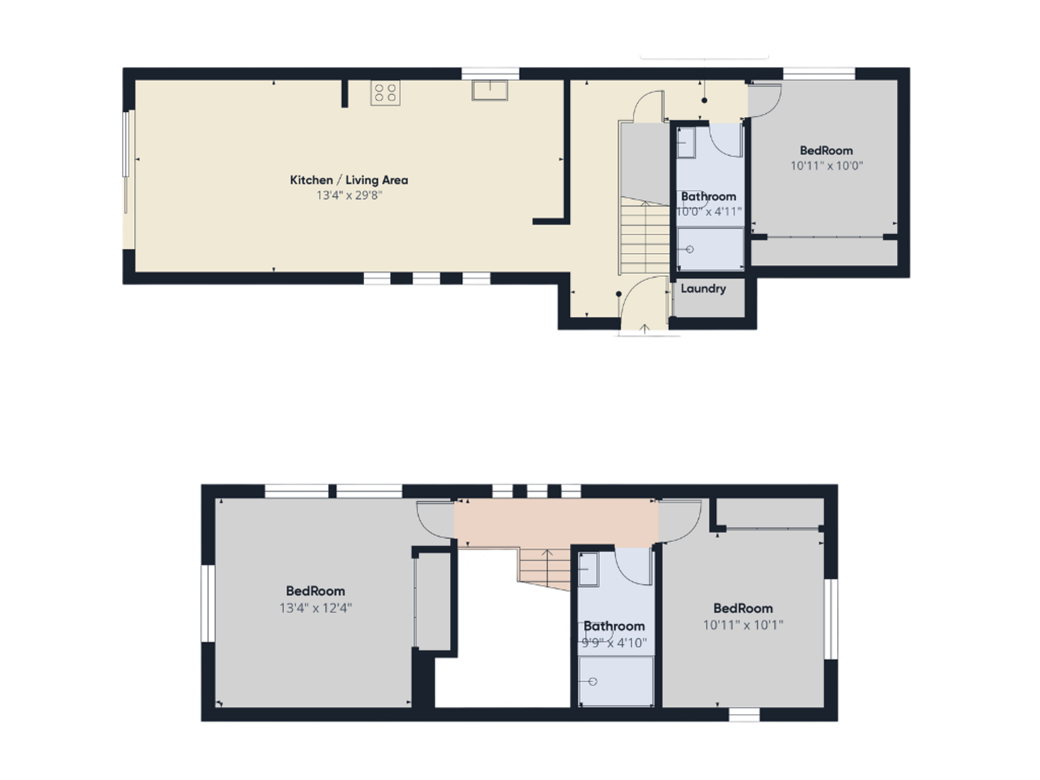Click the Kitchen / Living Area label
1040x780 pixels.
pyautogui.click(x=349, y=180)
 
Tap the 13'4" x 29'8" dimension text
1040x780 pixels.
pyautogui.click(x=349, y=196)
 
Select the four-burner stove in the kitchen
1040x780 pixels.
pyautogui.click(x=385, y=93)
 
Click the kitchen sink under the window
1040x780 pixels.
pyautogui.click(x=490, y=90)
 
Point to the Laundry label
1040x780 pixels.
pyautogui.click(x=703, y=288)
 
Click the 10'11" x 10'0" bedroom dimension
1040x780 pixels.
pyautogui.click(x=826, y=166)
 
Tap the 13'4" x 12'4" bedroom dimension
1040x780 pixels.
pyautogui.click(x=316, y=608)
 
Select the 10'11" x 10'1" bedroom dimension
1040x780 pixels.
pyautogui.click(x=743, y=625)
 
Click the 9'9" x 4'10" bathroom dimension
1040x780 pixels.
pyautogui.click(x=614, y=643)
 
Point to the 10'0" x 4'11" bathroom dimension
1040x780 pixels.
pyautogui.click(x=708, y=212)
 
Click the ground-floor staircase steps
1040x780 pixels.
pyautogui.click(x=645, y=235)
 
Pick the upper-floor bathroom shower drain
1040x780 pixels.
pyautogui.click(x=592, y=682)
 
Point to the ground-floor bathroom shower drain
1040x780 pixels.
pyautogui.click(x=690, y=249)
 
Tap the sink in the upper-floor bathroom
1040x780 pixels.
pyautogui.click(x=589, y=569)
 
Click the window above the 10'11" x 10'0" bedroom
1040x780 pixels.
pyautogui.click(x=819, y=74)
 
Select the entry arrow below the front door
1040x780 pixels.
pyautogui.click(x=644, y=329)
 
